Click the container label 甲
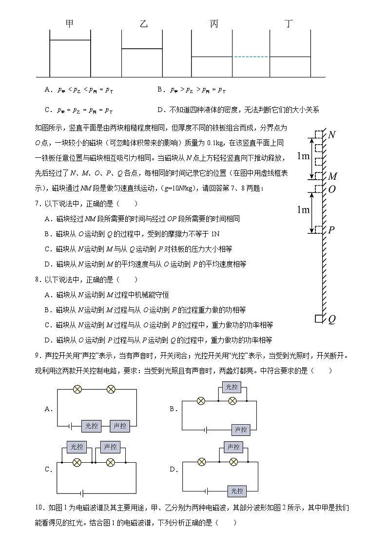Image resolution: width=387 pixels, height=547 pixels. point(70,24)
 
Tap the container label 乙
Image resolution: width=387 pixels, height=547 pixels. point(143,24)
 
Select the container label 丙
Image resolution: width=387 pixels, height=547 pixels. point(214,24)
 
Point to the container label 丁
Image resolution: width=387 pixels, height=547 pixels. point(290,24)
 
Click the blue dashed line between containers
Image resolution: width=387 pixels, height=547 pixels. point(251,57)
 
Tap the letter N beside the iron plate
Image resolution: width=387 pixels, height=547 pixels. point(332,135)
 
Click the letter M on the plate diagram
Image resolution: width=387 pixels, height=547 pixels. point(332,176)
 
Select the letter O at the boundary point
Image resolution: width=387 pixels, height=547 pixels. point(332,189)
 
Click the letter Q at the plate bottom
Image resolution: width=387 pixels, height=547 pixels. point(331,320)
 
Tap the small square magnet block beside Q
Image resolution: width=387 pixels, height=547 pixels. point(319,319)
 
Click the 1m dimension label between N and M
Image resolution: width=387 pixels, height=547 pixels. point(303,156)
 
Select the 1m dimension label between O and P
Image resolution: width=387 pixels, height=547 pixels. point(303,209)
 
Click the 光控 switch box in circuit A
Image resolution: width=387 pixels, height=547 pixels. point(92,426)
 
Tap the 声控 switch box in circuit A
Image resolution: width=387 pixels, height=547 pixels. point(120,426)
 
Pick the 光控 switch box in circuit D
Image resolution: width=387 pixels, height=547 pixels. point(237,490)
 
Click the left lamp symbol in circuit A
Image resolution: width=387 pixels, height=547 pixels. point(77,389)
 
